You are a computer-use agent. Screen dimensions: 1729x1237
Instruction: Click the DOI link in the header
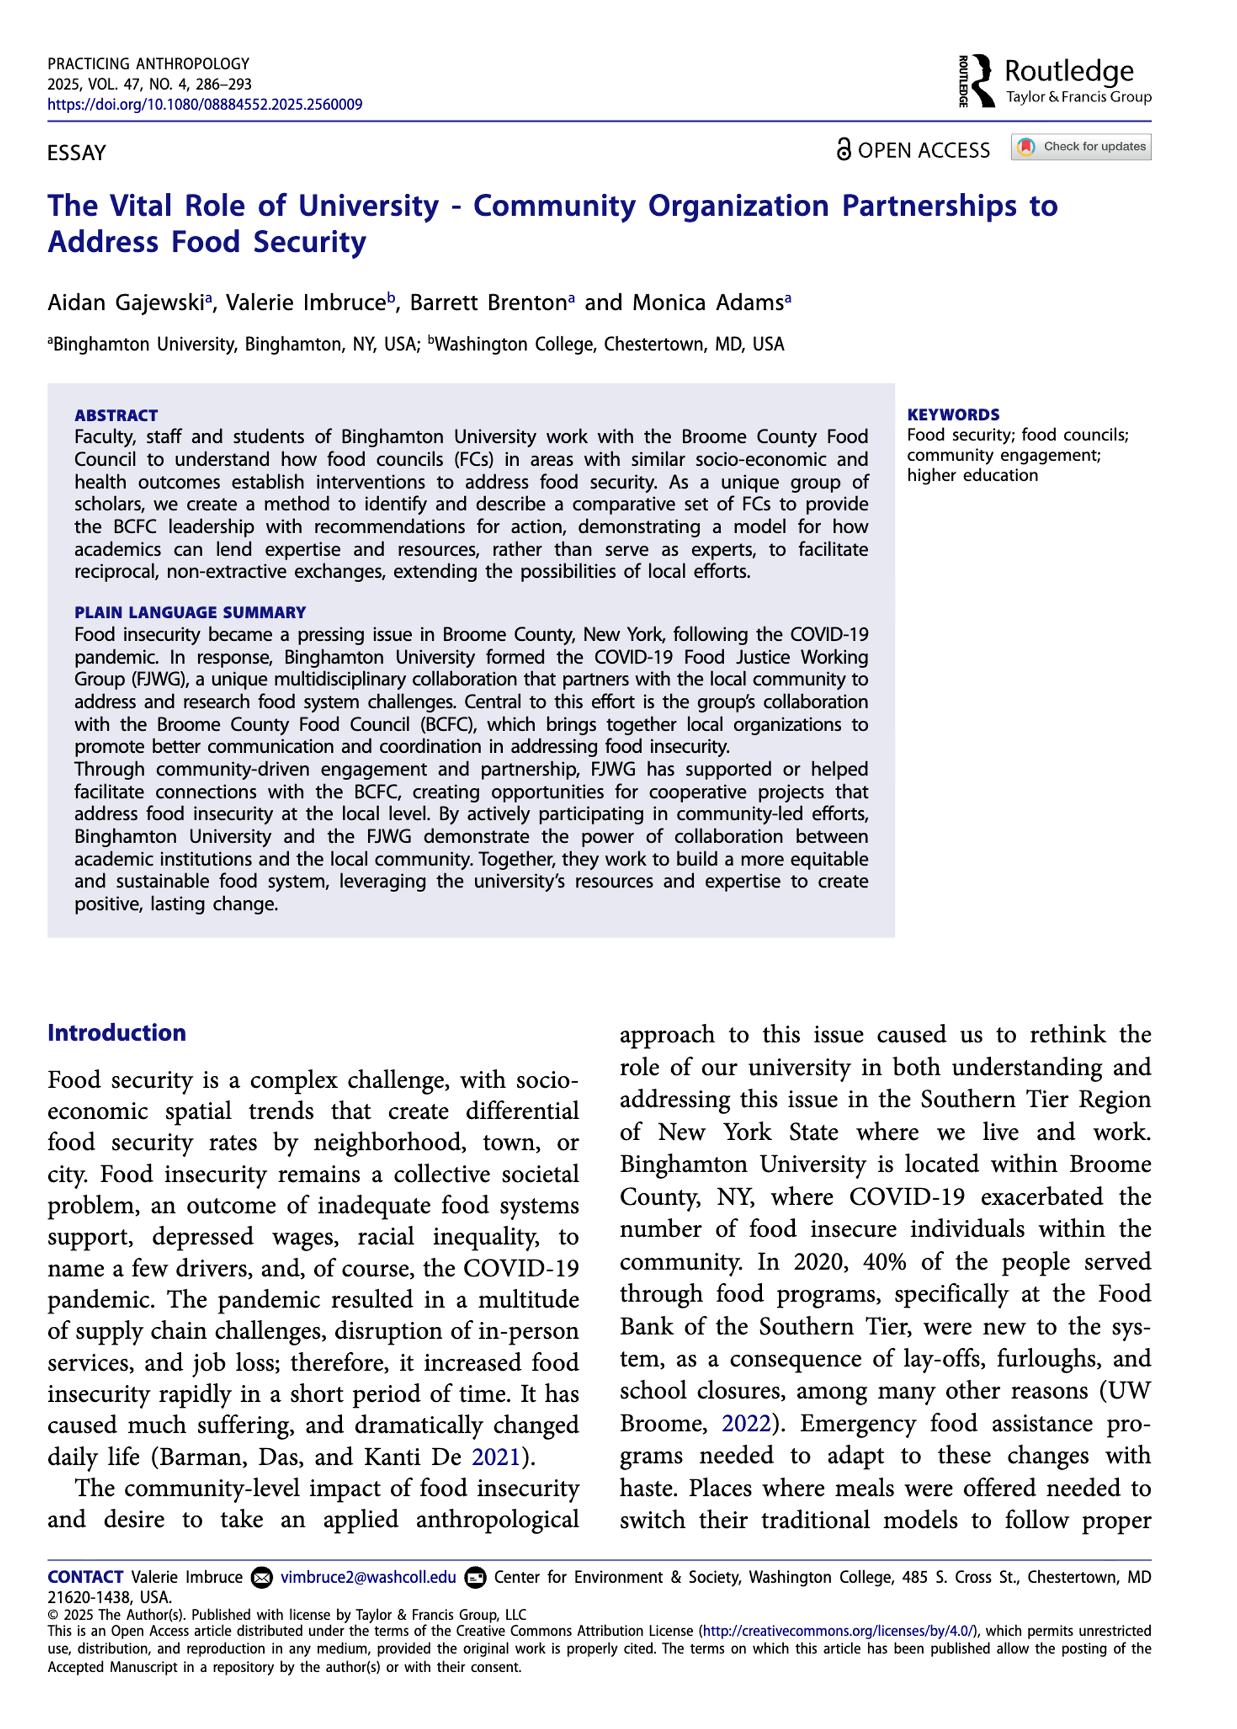[204, 105]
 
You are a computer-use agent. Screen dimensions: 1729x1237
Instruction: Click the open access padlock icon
[843, 149]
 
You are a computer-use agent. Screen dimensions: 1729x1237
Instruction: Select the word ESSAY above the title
[76, 153]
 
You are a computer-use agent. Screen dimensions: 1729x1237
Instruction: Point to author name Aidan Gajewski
[126, 302]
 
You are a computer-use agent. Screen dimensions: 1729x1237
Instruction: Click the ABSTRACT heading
[116, 415]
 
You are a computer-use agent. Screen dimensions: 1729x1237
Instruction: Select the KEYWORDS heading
[953, 414]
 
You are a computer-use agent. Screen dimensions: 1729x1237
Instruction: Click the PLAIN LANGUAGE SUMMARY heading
[190, 612]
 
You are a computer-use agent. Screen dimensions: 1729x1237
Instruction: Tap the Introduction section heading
[116, 1032]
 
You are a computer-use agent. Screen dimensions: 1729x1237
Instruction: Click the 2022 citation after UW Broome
[746, 1422]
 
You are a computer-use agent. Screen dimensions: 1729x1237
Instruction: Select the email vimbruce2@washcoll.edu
[368, 1577]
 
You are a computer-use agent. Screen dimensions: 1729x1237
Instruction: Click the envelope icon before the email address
[262, 1577]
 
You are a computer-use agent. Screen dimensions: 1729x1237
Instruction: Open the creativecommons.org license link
[838, 1631]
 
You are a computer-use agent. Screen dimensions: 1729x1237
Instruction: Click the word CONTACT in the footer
[85, 1577]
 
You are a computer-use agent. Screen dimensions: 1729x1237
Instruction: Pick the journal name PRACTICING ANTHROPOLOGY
[148, 64]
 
